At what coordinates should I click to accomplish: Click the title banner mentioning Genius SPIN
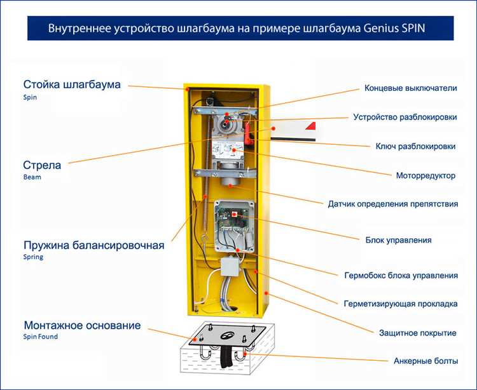(x=240, y=29)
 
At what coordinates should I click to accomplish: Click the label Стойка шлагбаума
(x=72, y=84)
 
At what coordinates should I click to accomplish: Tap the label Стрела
(x=42, y=165)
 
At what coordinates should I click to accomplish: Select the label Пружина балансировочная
(x=93, y=245)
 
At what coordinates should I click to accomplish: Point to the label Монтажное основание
(x=82, y=325)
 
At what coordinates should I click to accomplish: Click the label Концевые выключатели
(x=410, y=88)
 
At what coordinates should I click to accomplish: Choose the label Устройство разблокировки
(x=404, y=117)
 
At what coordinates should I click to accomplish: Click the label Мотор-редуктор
(x=425, y=175)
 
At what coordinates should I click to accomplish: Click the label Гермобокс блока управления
(x=401, y=275)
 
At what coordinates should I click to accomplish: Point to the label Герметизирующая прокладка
(x=401, y=304)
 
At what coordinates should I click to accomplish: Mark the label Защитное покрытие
(x=417, y=332)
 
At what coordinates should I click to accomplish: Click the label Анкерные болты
(x=425, y=361)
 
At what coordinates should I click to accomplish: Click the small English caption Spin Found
(x=40, y=337)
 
